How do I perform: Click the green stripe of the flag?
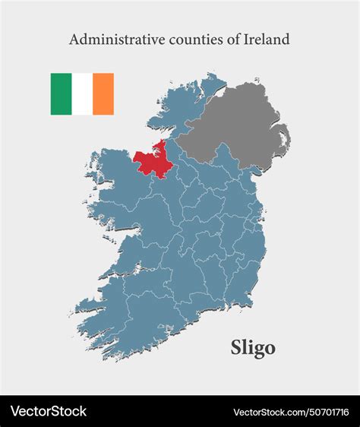click(x=61, y=94)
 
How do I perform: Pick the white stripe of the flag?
click(x=82, y=94)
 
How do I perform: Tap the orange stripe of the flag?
click(x=103, y=94)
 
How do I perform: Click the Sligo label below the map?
click(x=253, y=348)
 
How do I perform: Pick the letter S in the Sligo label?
click(x=235, y=348)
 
